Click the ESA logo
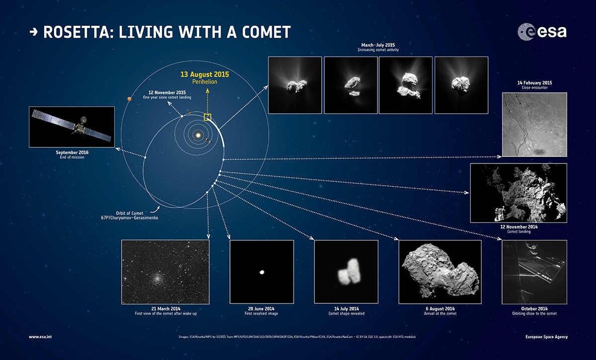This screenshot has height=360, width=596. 542,32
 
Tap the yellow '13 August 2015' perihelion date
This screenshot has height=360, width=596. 205,74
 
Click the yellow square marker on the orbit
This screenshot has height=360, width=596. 208,117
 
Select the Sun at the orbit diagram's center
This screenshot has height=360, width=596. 198,136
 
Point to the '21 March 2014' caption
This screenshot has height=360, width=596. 166,309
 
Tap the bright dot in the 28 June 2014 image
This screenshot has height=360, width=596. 262,272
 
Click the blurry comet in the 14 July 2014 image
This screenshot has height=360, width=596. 349,272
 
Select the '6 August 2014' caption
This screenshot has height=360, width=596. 440,309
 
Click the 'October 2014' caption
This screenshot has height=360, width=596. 534,309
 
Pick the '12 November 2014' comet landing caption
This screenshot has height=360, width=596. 519,227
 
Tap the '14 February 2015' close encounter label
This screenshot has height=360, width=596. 534,83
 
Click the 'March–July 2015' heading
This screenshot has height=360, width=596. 378,45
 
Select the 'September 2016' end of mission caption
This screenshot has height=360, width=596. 72,152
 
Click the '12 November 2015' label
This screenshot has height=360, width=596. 167,92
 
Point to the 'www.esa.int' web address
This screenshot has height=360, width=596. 40,337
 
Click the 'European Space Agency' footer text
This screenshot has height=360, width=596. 546,337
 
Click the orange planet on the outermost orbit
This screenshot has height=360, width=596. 129,99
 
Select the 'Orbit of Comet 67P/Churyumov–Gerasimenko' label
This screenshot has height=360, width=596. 130,215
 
